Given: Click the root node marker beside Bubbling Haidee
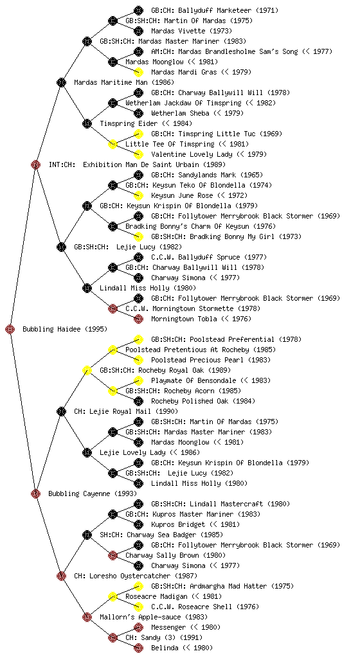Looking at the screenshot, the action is [10, 329].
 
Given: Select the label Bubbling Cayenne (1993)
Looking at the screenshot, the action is [93, 493].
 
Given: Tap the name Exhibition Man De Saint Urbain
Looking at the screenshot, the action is [141, 164].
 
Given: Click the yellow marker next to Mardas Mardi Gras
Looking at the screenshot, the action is [138, 72].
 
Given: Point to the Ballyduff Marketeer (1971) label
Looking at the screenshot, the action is [215, 10].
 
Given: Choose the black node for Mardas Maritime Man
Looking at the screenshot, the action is [61, 82].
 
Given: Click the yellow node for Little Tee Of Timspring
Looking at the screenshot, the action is [113, 144].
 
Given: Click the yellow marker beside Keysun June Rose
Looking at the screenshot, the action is [138, 195].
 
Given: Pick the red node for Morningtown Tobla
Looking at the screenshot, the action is [138, 319].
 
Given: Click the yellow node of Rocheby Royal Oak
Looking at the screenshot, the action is [87, 370].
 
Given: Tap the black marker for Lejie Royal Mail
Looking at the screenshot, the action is [61, 411].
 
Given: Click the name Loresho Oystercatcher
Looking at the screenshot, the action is [130, 576].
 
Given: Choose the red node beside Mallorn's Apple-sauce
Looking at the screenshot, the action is [87, 617].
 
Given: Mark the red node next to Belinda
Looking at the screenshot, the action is [138, 648].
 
